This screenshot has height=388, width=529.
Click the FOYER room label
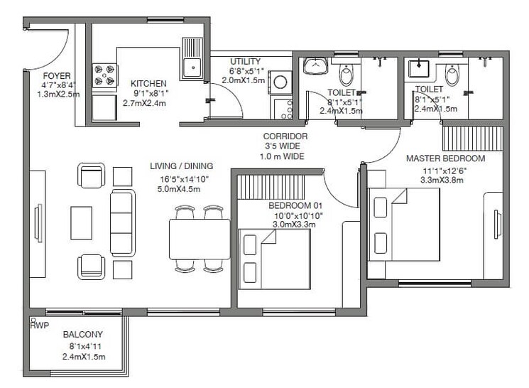click(56, 75)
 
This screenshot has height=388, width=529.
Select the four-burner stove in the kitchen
click(104, 75)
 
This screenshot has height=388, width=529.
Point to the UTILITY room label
click(245, 62)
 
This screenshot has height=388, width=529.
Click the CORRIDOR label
click(285, 136)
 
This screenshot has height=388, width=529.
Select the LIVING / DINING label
click(181, 166)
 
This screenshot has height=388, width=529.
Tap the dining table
click(199, 239)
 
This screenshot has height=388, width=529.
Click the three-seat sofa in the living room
click(122, 222)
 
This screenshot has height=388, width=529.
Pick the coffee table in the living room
click(81, 222)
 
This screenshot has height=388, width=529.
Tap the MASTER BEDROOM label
click(445, 158)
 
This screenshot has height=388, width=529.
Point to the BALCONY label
click(82, 335)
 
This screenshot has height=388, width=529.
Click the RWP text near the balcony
click(38, 323)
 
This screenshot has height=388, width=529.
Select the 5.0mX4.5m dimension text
click(180, 189)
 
